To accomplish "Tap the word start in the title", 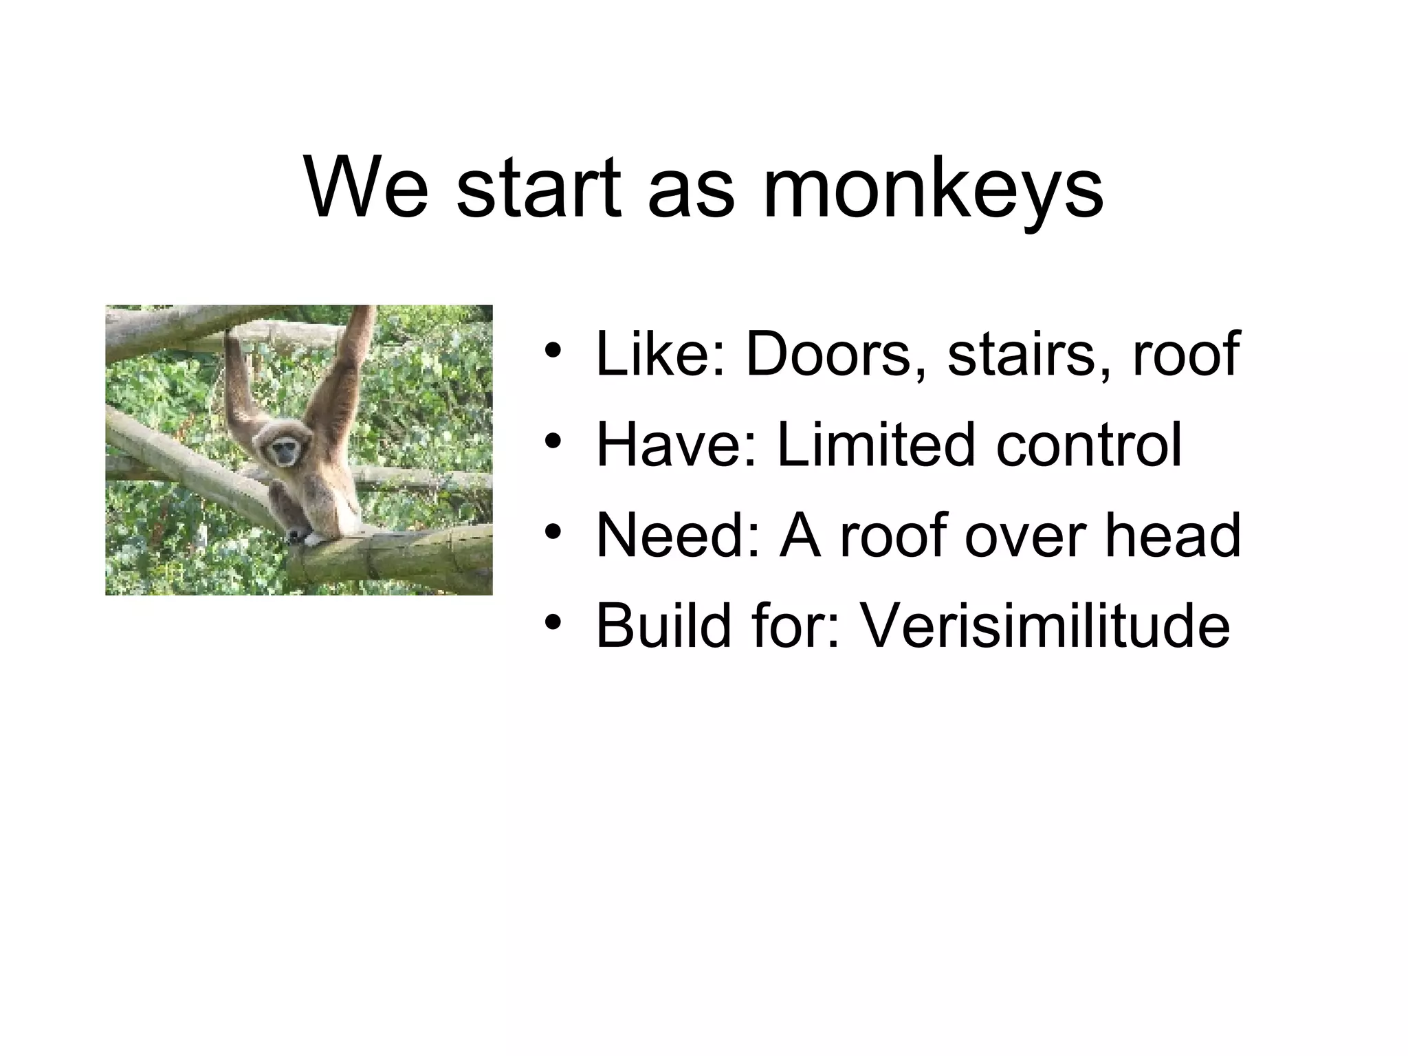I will point(539,189).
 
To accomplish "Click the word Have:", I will point(677,445).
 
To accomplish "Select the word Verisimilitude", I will point(1044,626).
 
